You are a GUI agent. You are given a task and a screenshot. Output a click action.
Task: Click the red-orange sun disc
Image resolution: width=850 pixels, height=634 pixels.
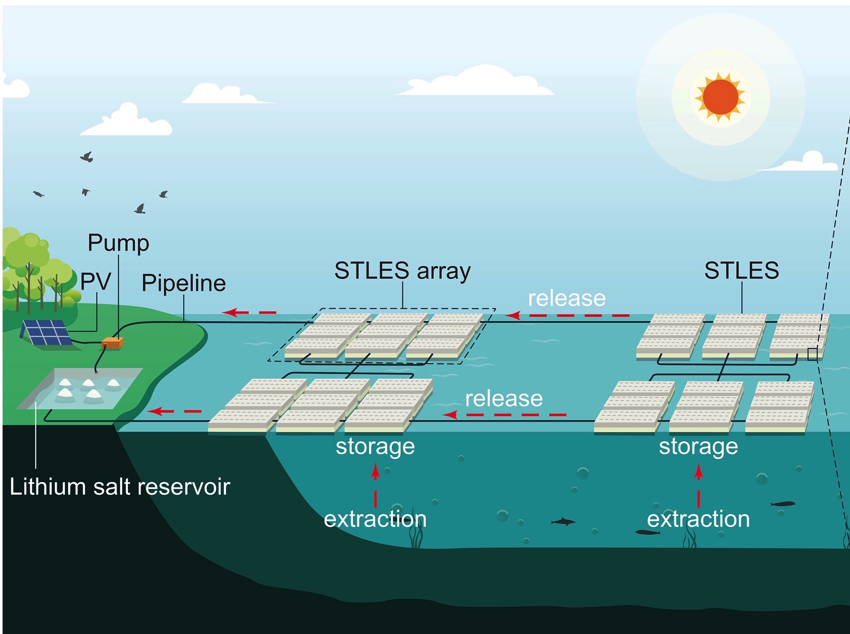[720, 98]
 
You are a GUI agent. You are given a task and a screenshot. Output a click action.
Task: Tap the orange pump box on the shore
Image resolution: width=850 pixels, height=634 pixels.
[113, 343]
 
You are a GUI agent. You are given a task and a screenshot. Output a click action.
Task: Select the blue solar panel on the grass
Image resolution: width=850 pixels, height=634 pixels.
[45, 333]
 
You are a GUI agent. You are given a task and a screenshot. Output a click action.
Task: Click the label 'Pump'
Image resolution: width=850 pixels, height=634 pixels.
[118, 243]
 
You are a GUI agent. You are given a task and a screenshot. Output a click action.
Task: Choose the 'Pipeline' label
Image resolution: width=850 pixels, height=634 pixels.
[184, 283]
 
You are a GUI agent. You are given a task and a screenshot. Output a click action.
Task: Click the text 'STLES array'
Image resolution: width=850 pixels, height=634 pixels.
[402, 271]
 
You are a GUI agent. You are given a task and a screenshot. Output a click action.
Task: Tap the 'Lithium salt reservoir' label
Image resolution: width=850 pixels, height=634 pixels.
[120, 487]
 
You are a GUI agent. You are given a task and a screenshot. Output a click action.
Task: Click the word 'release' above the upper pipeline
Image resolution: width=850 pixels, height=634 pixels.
[566, 298]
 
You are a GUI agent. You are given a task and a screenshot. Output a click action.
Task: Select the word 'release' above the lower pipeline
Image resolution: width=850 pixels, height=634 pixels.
[503, 399]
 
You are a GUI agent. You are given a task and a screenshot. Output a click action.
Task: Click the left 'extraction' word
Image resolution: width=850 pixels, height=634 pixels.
[375, 519]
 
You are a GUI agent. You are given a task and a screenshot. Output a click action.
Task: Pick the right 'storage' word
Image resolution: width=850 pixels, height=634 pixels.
[698, 447]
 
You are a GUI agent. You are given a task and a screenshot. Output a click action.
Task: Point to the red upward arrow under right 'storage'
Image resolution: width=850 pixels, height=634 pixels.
[699, 473]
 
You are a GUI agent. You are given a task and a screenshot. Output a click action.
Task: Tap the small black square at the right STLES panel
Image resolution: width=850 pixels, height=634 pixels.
[812, 354]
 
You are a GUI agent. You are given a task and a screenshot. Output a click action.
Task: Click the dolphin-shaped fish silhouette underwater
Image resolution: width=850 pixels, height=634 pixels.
[563, 522]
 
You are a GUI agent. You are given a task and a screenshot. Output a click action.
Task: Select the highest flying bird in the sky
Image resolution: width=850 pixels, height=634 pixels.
[87, 157]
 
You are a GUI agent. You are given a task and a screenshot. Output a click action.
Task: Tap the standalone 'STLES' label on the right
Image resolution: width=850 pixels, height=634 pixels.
[741, 271]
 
